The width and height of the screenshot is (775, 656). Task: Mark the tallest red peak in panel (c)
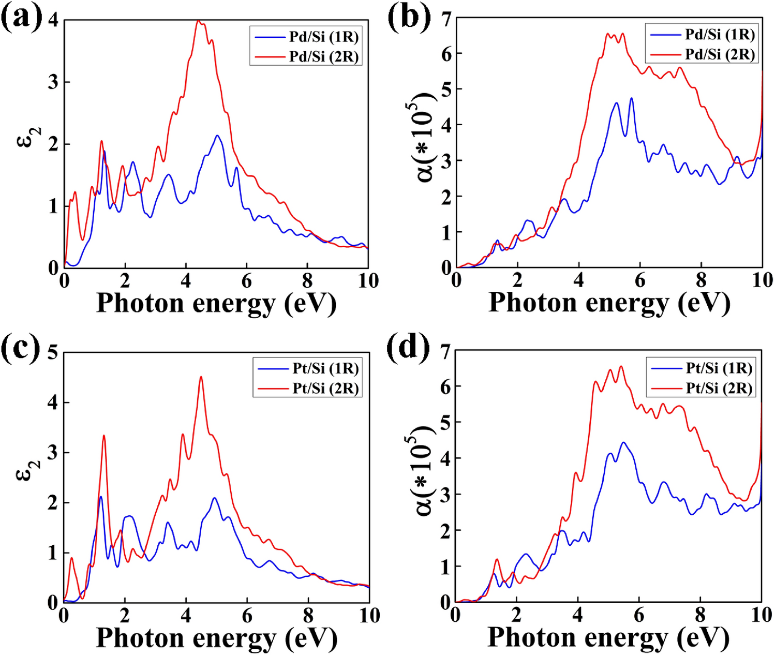click(x=201, y=377)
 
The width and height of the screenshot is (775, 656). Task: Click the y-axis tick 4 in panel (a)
click(x=53, y=21)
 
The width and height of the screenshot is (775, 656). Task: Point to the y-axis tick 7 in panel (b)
click(x=446, y=19)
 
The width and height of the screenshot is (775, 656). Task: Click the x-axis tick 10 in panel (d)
click(x=761, y=615)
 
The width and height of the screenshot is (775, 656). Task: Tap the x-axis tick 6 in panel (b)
click(x=639, y=281)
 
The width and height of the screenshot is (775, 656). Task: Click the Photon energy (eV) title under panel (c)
click(x=216, y=637)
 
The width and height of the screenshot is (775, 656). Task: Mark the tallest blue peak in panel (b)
click(x=631, y=98)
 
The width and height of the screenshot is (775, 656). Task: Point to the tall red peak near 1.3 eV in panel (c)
click(x=104, y=436)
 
